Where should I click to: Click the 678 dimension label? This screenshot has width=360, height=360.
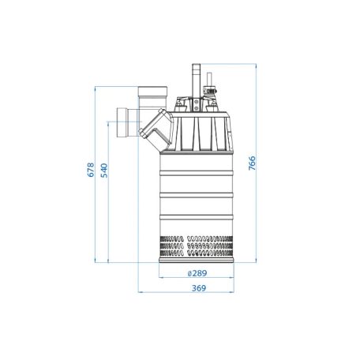point(91,170)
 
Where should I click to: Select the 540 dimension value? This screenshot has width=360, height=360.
point(104,171)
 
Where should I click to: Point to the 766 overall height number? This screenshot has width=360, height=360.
point(252,163)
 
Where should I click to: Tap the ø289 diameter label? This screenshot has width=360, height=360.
point(197,273)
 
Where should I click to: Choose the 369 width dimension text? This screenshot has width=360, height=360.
point(199,288)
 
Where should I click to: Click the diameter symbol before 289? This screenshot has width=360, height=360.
point(189,273)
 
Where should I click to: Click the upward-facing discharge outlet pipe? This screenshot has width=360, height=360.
point(152,97)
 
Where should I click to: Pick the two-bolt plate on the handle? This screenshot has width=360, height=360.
point(197,104)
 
